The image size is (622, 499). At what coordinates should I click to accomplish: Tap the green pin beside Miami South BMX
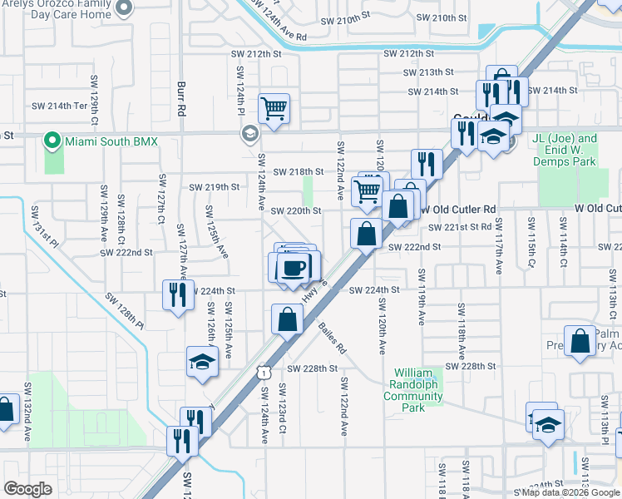pyautogui.click(x=53, y=141)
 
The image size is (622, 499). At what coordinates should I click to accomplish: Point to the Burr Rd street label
pyautogui.click(x=180, y=97)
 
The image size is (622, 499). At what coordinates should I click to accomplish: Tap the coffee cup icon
pyautogui.click(x=292, y=268)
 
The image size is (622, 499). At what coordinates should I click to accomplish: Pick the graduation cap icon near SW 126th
pyautogui.click(x=201, y=361)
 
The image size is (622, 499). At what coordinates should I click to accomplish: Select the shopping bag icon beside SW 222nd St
pyautogui.click(x=366, y=234)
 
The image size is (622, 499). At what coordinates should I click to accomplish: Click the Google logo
pyautogui.click(x=27, y=488)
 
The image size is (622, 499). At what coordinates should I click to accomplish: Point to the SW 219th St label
pyautogui.click(x=215, y=187)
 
